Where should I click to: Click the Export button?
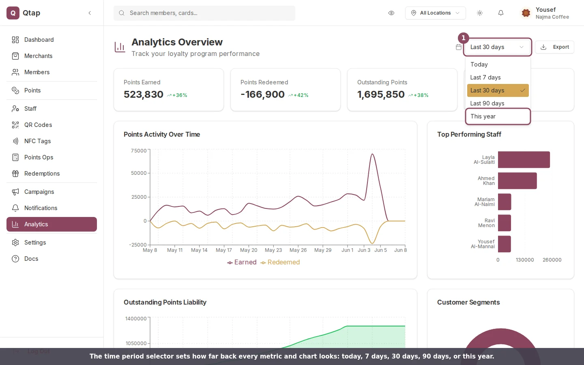(x=554, y=47)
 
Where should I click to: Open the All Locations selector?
(x=436, y=13)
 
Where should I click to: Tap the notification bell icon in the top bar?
(x=500, y=13)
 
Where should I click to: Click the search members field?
(x=204, y=13)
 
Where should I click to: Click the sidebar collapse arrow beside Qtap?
(x=90, y=13)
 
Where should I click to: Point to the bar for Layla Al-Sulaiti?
(x=524, y=159)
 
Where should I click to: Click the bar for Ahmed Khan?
(x=517, y=181)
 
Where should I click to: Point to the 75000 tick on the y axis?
(x=139, y=151)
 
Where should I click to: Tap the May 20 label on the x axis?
(x=249, y=250)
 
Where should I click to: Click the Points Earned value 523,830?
(x=144, y=94)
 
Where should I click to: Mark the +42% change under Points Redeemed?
(x=301, y=95)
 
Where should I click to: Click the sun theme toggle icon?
(x=480, y=13)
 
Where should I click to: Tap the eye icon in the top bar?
(x=391, y=13)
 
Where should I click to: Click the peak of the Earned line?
(x=372, y=154)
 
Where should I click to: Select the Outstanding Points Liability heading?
(x=165, y=302)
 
